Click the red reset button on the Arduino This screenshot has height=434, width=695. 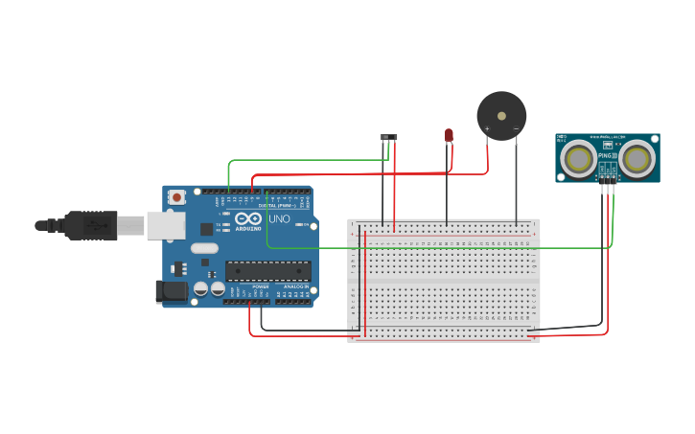pos(176,197)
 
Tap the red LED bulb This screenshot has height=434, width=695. pos(448,135)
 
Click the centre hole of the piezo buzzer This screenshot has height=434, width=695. pos(501,116)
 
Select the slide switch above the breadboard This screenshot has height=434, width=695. pos(389,137)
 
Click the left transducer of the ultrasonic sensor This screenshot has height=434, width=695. pos(578,158)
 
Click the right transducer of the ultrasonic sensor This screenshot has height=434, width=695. pos(637,158)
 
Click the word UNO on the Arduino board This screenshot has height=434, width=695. pos(279,219)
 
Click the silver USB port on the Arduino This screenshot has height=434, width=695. pos(165,225)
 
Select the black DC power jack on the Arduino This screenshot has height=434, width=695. pos(172,290)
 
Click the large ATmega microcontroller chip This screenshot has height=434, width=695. pos(267,271)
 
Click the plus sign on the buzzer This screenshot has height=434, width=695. pos(488,128)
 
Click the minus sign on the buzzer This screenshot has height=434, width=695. pos(516,128)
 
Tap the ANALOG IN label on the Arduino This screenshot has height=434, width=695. pos(293,286)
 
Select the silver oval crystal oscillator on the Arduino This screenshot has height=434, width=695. pos(204,248)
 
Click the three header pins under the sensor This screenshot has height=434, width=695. pos(607,178)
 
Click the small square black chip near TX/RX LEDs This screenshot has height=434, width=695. pos(206,229)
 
